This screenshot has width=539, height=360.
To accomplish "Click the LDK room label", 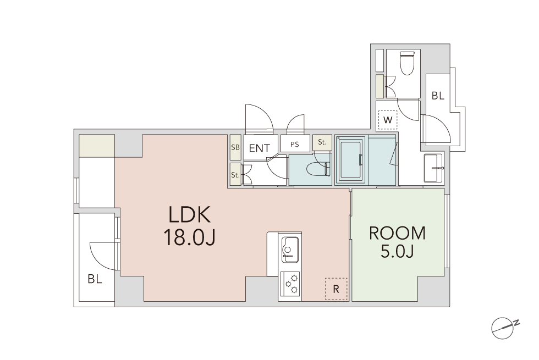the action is coord(189,215).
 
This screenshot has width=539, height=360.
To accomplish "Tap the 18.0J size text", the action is coord(189,237).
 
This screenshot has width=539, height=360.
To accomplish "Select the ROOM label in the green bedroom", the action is coord(397,233).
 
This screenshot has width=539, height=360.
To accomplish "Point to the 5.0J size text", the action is coord(397,252).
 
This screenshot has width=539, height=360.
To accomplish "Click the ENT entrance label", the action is coord(260,148).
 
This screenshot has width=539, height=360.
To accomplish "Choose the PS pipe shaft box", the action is coord(295,143).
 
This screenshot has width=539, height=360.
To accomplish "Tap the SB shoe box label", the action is coord(235,147).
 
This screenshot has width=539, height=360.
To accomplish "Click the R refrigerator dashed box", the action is coord(336,289).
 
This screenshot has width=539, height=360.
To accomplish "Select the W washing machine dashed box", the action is coord(387,120).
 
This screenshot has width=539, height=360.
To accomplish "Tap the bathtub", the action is coord(351,160).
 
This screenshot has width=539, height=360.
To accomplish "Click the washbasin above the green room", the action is coord(434,168).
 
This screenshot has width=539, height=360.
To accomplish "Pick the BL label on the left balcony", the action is coord(95,279).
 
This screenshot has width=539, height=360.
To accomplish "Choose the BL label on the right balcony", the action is coord(438,96).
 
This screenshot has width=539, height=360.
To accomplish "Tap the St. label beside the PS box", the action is coord(322,142).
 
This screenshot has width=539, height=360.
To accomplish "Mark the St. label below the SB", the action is coord(235,175).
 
